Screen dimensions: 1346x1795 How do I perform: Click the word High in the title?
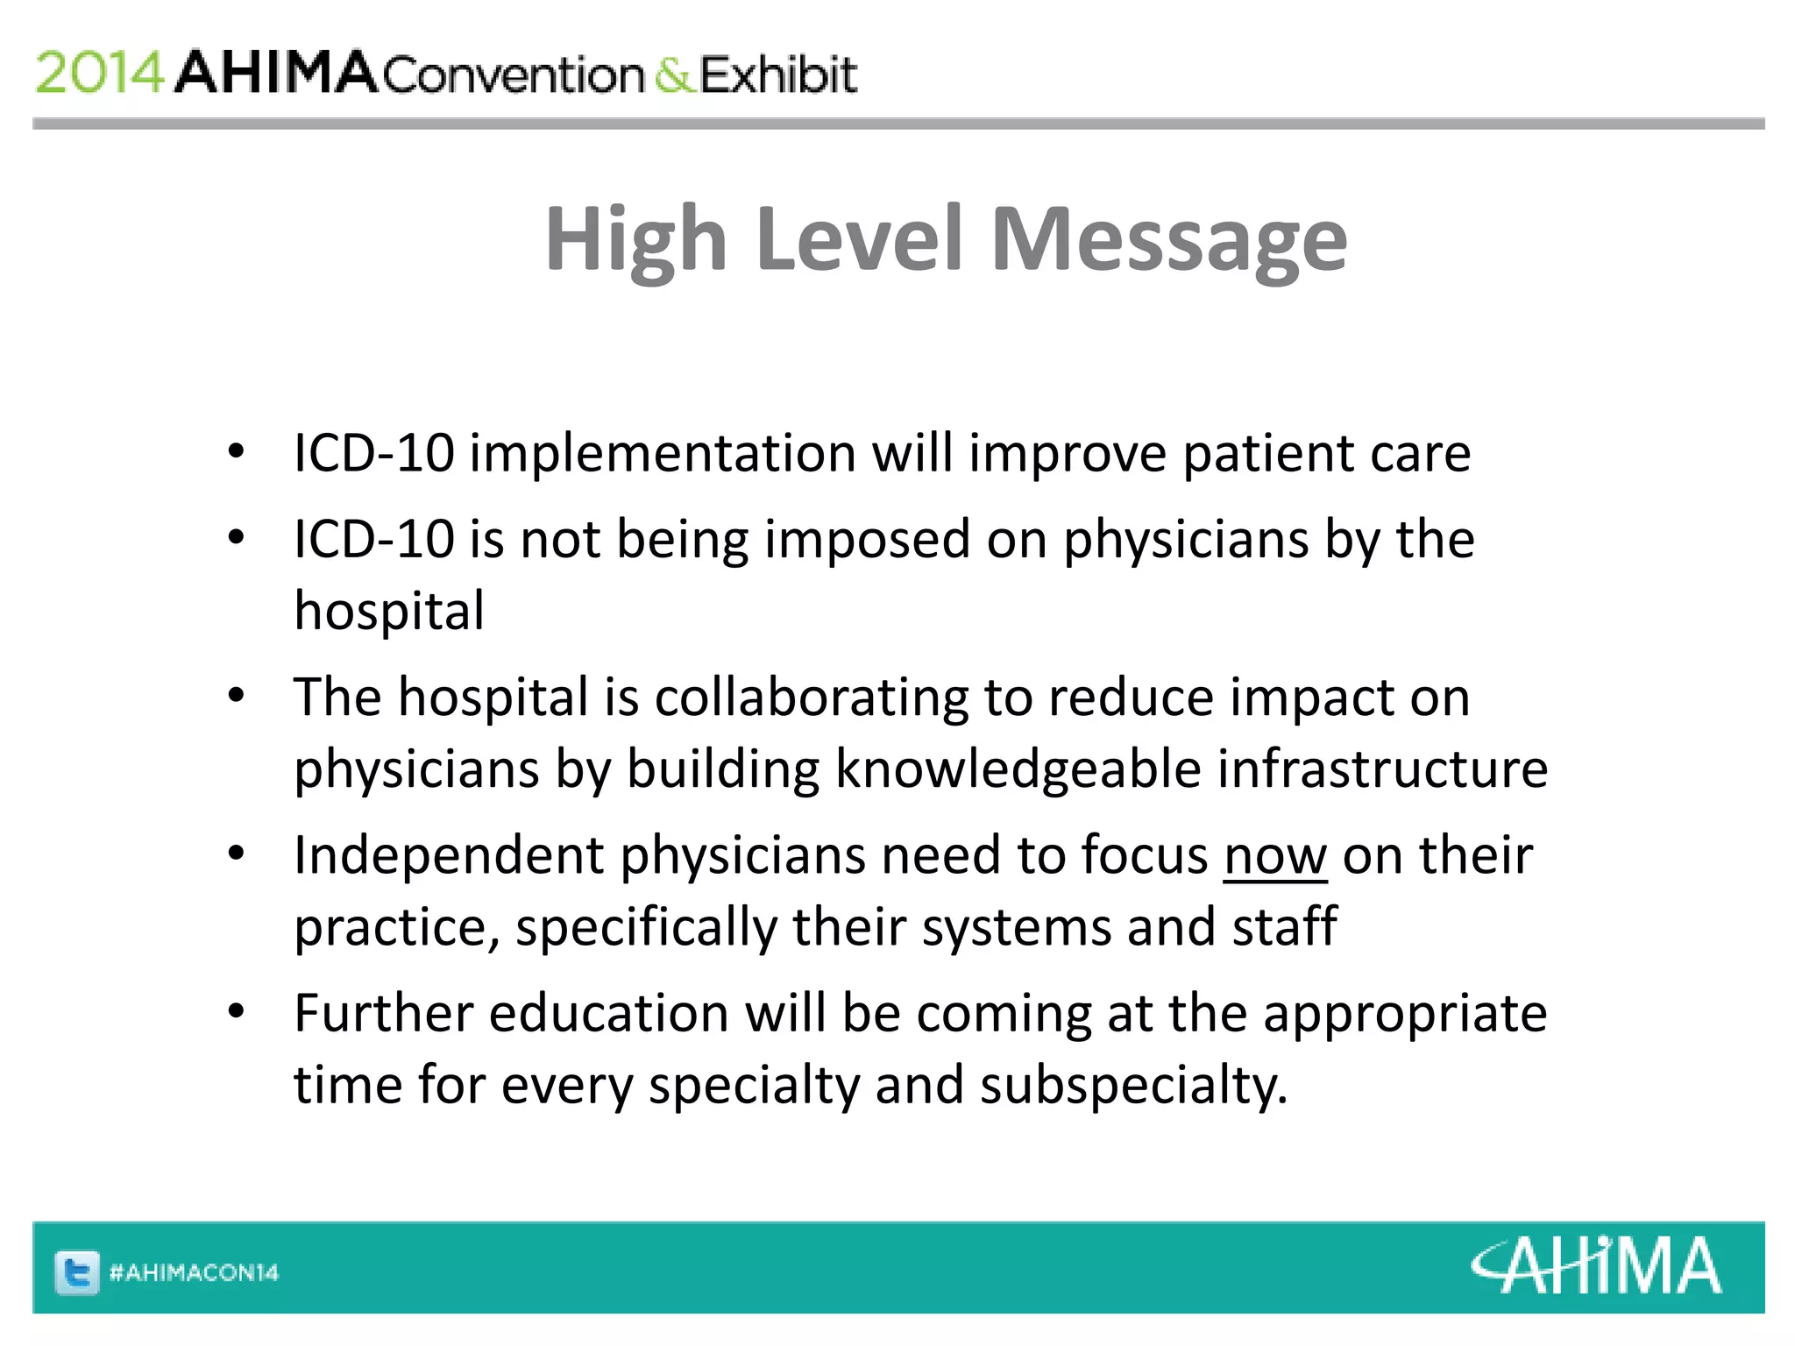(635, 239)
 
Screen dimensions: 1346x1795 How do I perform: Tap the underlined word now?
(1275, 856)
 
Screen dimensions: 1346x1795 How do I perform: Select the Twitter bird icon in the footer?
(77, 1272)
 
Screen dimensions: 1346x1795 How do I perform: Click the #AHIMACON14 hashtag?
(194, 1272)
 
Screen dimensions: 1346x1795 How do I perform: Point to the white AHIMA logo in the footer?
(1595, 1266)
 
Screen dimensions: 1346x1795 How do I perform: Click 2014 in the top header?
(100, 73)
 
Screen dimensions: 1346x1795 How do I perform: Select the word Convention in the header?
(514, 75)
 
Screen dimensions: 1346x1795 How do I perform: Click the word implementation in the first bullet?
(663, 454)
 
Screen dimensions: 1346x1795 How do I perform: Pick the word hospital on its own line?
(389, 611)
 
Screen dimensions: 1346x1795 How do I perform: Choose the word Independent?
(449, 855)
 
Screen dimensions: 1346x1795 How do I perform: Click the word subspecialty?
(1133, 1086)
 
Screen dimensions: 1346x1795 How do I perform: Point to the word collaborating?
(812, 698)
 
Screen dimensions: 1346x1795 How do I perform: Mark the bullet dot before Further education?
(236, 1012)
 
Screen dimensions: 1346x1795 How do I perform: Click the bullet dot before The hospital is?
(236, 696)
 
